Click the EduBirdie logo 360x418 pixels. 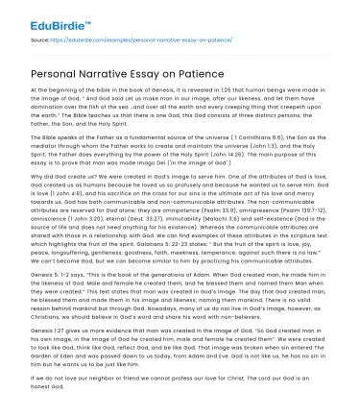coord(46,16)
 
